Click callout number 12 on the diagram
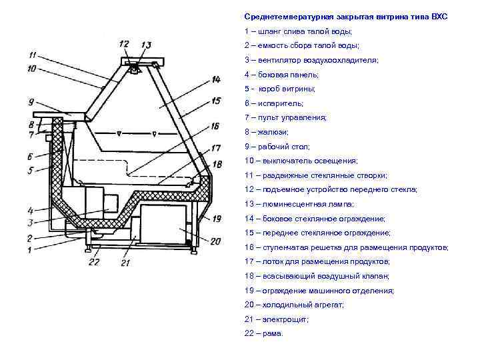124,44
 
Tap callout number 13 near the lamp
146,45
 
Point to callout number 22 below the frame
94,261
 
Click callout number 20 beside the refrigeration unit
215,241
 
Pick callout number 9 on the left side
31,102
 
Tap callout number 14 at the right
215,79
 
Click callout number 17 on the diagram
215,147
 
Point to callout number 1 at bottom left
29,250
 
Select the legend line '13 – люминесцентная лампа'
299,204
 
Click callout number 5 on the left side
29,170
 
